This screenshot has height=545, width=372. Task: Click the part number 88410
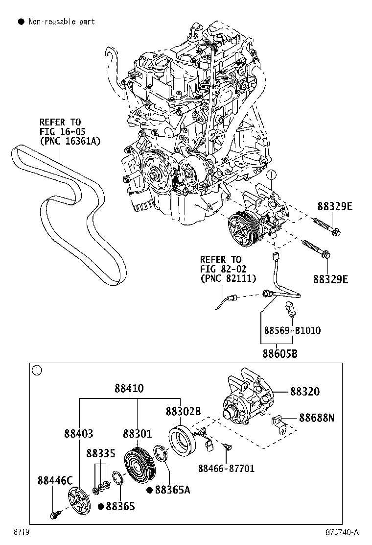click(129, 388)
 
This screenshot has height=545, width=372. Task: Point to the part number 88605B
click(279, 353)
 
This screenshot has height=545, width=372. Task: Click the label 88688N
click(317, 418)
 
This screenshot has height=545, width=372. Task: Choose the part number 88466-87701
click(226, 468)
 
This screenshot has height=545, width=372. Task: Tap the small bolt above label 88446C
click(53, 515)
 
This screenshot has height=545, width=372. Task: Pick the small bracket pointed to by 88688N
click(279, 422)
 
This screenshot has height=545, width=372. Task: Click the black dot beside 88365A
click(150, 489)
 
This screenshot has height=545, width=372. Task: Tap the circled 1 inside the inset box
click(36, 371)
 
